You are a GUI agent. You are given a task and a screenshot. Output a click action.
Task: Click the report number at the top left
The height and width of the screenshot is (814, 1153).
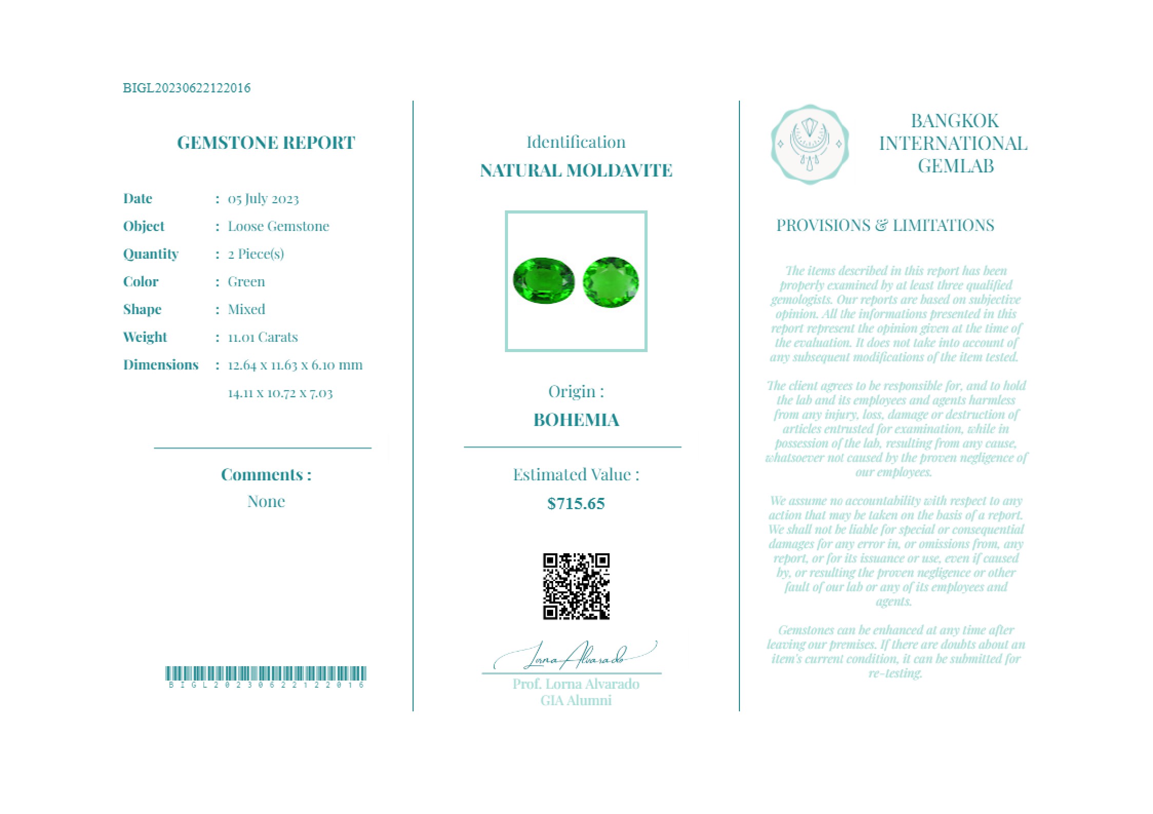pyautogui.click(x=186, y=88)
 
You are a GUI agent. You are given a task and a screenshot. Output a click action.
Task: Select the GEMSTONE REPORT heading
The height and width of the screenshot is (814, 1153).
pyautogui.click(x=266, y=143)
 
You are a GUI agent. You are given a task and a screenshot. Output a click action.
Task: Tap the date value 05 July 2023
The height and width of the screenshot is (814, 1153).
pyautogui.click(x=263, y=199)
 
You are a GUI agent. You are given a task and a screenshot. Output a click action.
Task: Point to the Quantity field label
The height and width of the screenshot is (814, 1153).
pyautogui.click(x=150, y=254)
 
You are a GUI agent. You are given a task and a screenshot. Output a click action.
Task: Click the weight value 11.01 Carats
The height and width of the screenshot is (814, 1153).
pyautogui.click(x=263, y=337)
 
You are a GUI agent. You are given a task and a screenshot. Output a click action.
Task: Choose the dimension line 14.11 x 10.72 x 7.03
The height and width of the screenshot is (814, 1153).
pyautogui.click(x=280, y=393)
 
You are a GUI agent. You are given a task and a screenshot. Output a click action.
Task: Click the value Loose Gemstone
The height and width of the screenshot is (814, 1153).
pyautogui.click(x=278, y=226)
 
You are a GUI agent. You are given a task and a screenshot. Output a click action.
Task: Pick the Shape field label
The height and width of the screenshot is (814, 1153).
pyautogui.click(x=142, y=309)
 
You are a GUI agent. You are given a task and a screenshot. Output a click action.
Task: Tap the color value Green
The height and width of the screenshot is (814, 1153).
pyautogui.click(x=246, y=282)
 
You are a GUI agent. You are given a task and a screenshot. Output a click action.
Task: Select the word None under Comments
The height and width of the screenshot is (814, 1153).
pyautogui.click(x=266, y=501)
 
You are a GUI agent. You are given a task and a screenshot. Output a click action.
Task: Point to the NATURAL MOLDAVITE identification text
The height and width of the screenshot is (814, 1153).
pyautogui.click(x=576, y=170)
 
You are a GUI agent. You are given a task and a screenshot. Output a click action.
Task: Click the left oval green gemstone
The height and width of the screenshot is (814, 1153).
pyautogui.click(x=543, y=280)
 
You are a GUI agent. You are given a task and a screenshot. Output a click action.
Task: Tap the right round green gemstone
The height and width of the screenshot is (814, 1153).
pyautogui.click(x=611, y=282)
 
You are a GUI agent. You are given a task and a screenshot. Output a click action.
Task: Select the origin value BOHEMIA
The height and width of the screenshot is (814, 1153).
pyautogui.click(x=576, y=420)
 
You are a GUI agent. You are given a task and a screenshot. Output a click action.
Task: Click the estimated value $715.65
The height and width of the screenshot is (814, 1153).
pyautogui.click(x=576, y=503)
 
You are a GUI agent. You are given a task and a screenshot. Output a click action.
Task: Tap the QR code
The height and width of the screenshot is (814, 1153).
pyautogui.click(x=576, y=586)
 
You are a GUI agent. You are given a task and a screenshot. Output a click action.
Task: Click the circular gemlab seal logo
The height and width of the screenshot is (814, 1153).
pyautogui.click(x=809, y=144)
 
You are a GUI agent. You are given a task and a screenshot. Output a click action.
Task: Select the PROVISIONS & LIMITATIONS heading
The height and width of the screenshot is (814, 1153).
pyautogui.click(x=885, y=225)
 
